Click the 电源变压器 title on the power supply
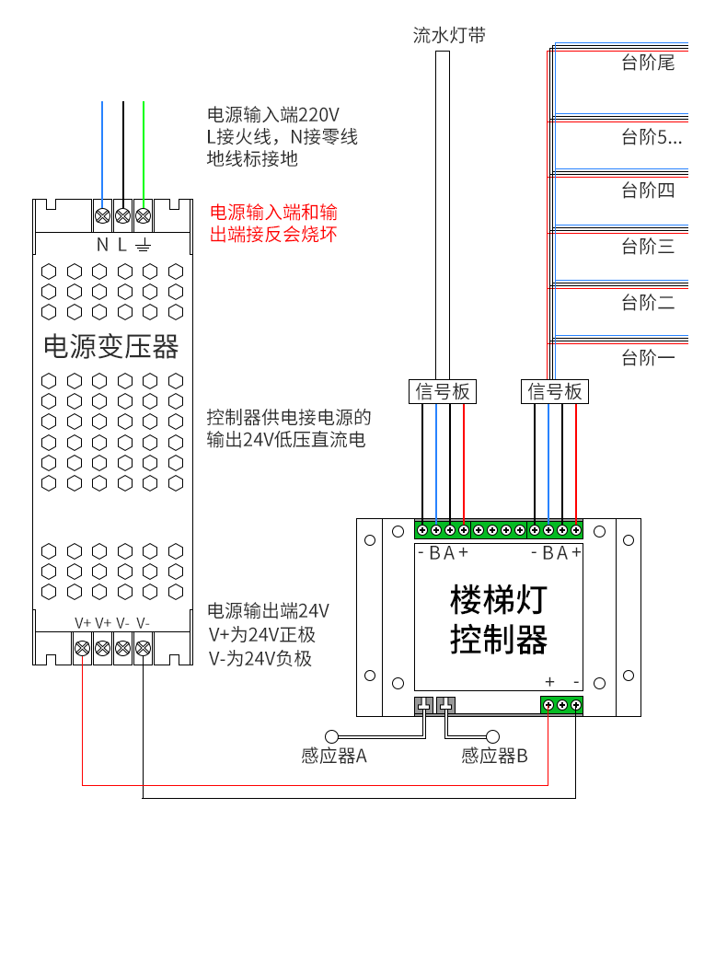[x=110, y=347]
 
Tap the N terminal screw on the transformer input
[x=103, y=215]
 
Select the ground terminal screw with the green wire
[x=143, y=215]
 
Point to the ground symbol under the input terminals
[x=143, y=246]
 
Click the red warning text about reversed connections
[x=273, y=223]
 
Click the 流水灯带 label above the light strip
[x=450, y=35]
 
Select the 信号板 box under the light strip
[x=443, y=391]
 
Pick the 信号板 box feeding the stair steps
[x=555, y=391]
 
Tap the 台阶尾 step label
[x=648, y=63]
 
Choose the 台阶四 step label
[x=648, y=191]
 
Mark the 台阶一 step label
[x=648, y=357]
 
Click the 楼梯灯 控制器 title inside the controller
[x=499, y=619]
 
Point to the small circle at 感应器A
[x=332, y=736]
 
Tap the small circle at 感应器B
[x=493, y=736]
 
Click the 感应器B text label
[x=494, y=757]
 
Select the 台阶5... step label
[x=652, y=137]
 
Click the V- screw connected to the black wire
[x=143, y=648]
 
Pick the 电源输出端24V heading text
[x=268, y=611]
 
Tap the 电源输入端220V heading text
[x=273, y=114]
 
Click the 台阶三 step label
[x=648, y=247]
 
